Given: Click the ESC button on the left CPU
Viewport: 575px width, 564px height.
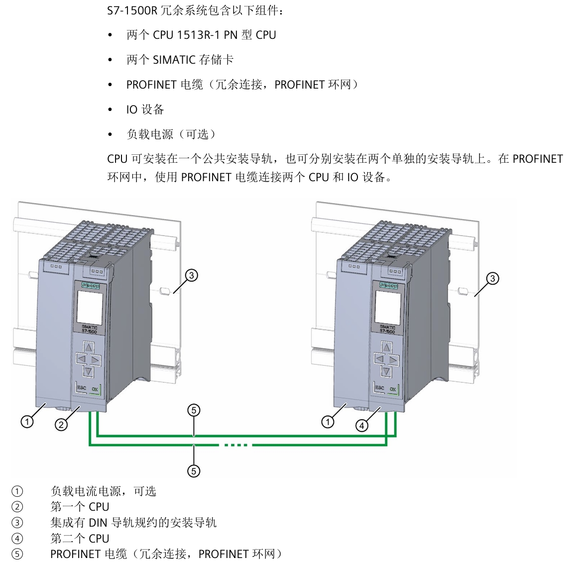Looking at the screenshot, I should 82,388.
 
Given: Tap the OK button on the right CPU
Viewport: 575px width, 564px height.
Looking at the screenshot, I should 393,389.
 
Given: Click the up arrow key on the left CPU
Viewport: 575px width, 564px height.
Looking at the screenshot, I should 88,347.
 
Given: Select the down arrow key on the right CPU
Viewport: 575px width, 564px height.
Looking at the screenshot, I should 386,371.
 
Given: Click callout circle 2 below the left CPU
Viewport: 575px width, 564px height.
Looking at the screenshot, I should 61,425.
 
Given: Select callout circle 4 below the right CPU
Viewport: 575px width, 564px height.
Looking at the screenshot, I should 362,426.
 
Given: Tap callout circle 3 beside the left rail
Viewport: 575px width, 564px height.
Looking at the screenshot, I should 191,275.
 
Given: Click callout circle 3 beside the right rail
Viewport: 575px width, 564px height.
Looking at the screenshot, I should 492,278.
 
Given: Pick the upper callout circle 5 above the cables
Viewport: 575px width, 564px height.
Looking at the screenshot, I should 194,410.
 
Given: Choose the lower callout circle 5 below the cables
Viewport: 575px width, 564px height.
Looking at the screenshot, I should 194,471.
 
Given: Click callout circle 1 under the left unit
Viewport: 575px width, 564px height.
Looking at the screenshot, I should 27,422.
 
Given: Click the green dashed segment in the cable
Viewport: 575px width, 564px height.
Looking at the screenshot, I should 236,445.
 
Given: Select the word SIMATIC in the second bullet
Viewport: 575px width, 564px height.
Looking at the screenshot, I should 174,60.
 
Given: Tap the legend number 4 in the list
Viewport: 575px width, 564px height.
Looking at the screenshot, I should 17,539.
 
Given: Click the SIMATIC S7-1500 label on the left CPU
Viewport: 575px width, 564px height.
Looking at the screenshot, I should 89,330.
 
